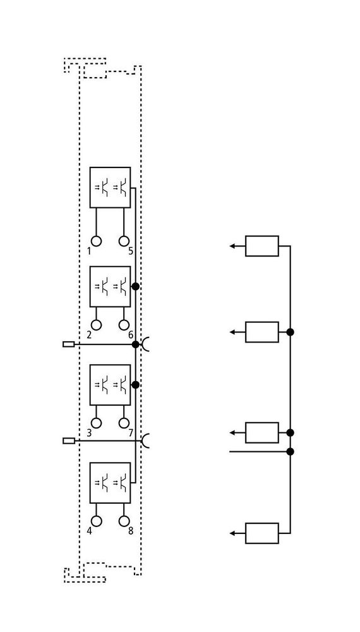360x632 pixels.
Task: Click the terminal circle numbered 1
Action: tap(96, 241)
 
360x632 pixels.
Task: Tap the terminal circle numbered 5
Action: tap(124, 241)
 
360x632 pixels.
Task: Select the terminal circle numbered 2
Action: tap(96, 324)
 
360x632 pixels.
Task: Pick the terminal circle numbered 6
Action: tap(124, 324)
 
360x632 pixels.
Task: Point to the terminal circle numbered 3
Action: tap(96, 423)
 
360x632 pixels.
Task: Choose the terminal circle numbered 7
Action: tap(124, 423)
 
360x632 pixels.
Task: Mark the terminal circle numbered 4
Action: tap(96, 521)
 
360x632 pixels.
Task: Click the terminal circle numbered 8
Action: tap(124, 521)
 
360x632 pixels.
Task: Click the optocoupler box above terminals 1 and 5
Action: tap(110, 188)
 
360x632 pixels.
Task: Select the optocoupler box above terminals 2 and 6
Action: tap(110, 286)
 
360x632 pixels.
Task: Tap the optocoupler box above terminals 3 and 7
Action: tap(110, 385)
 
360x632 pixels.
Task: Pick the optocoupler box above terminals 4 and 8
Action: tap(110, 482)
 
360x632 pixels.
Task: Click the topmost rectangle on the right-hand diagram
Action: tap(262, 246)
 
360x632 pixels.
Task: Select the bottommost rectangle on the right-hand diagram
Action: tap(262, 533)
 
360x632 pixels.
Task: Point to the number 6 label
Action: tap(131, 335)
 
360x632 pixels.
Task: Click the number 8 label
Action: tap(131, 532)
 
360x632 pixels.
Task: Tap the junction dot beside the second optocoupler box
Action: tap(136, 286)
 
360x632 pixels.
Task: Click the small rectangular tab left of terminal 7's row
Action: tap(69, 441)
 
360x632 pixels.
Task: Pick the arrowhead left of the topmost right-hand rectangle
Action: tap(233, 246)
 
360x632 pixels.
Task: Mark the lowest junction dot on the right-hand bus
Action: tap(290, 451)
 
